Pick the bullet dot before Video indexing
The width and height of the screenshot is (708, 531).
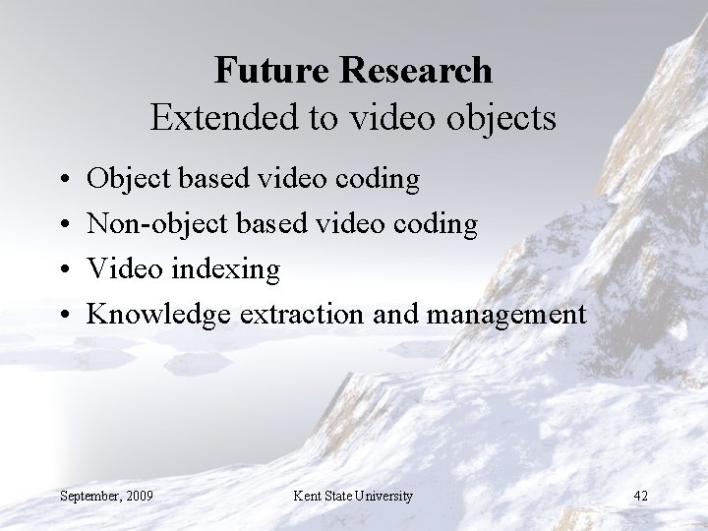63,269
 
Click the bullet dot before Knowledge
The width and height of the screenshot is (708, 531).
63,315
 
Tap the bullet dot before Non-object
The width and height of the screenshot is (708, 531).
63,224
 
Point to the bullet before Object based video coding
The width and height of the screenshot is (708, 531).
63,179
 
